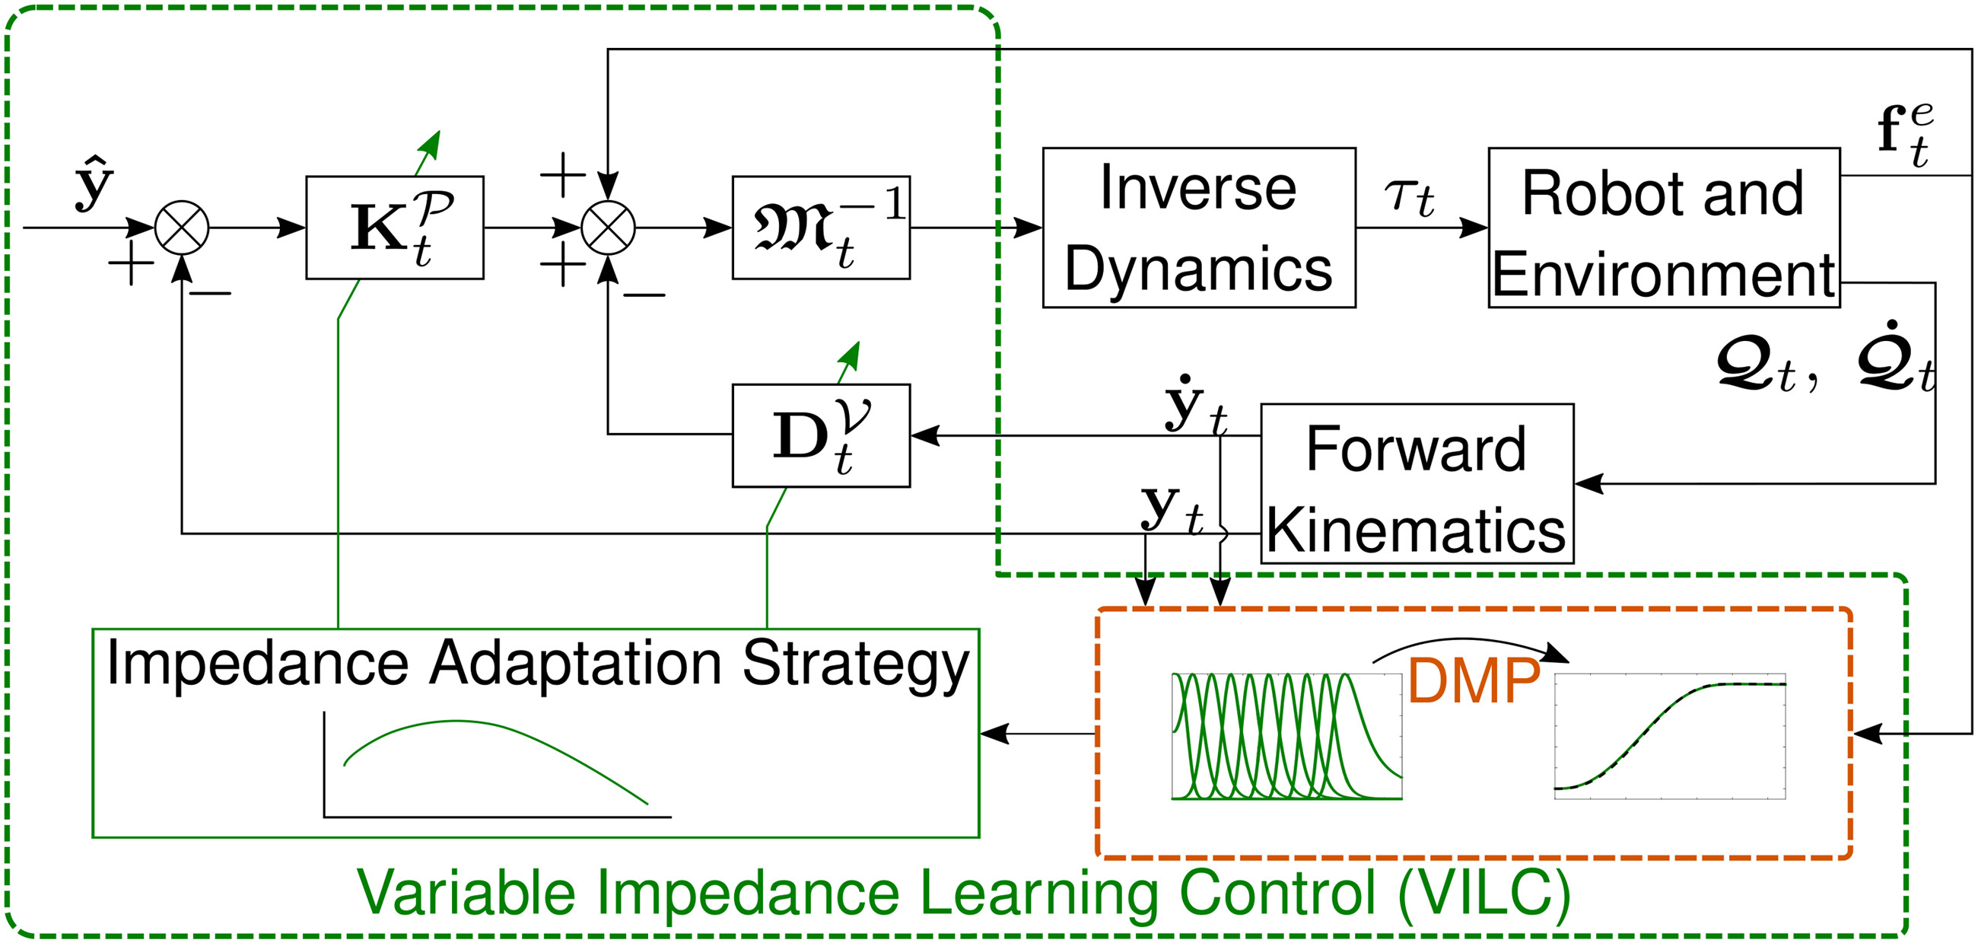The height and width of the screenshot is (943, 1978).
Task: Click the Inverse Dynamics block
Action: pos(1198,228)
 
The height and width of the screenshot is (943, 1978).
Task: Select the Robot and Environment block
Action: pos(1663,228)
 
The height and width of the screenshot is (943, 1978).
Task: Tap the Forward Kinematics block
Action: pos(1417,484)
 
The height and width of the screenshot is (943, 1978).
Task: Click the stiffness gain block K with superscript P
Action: pos(395,228)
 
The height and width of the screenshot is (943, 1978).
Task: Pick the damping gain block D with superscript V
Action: pos(821,435)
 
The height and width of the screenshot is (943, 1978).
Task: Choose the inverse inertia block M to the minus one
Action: pos(821,228)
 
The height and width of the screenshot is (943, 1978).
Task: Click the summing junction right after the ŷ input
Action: pos(182,228)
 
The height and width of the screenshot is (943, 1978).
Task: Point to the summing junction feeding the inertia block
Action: pos(608,228)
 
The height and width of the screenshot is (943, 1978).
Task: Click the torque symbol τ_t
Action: pos(1408,196)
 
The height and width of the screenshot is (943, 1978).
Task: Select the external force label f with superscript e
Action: pos(1905,135)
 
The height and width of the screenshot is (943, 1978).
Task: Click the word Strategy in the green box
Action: pos(855,665)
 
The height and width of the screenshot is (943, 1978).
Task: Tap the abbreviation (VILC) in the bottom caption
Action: pos(1483,892)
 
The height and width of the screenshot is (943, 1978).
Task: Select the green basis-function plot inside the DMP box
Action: pos(1286,737)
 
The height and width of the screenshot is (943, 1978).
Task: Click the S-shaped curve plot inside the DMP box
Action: pos(1669,737)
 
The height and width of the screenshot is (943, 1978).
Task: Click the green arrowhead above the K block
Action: pos(431,143)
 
